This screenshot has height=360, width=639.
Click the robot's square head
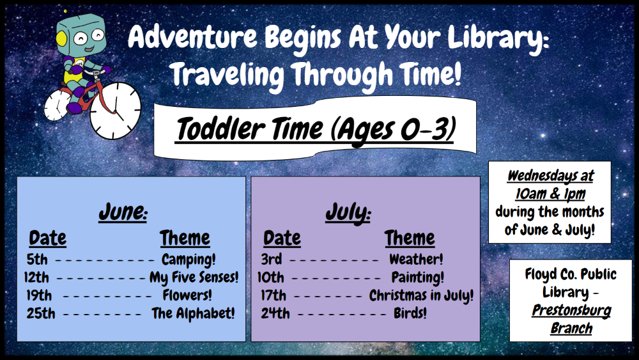[82, 35]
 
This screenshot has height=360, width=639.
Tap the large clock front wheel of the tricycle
[115, 110]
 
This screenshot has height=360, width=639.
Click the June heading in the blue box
[123, 212]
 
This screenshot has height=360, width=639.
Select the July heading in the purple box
[348, 213]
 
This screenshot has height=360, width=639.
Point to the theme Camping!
[189, 260]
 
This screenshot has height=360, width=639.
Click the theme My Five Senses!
[194, 278]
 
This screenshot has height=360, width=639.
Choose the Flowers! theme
[187, 295]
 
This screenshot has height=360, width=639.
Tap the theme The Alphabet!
[193, 313]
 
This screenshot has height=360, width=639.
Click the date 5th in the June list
[37, 260]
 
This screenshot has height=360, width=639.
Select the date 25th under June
[41, 313]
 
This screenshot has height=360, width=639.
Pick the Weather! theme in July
[416, 259]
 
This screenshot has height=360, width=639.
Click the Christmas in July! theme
[421, 295]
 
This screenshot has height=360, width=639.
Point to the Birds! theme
[410, 313]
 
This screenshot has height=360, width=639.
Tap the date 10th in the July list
[270, 278]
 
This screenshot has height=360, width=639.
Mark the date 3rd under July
[272, 260]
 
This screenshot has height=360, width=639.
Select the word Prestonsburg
[571, 311]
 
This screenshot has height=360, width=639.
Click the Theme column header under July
[410, 238]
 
